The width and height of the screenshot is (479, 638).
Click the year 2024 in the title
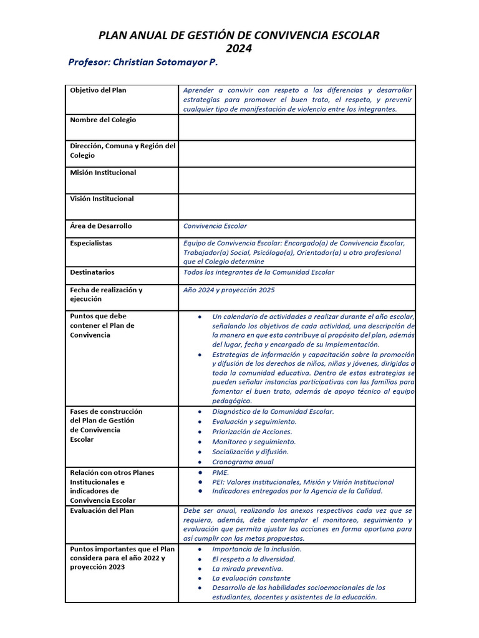click(239, 49)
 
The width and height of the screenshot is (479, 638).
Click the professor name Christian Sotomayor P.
click(143, 64)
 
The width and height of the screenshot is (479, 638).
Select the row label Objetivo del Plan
click(98, 90)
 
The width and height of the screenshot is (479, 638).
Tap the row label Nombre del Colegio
click(103, 120)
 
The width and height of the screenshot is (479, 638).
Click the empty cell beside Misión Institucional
click(296, 180)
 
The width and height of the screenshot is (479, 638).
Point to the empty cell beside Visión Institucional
click(296, 206)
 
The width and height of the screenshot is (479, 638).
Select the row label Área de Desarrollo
click(101, 226)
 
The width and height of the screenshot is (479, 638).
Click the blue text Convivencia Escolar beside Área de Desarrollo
click(215, 226)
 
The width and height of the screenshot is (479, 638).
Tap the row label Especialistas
click(91, 244)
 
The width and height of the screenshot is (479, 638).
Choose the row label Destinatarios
click(92, 272)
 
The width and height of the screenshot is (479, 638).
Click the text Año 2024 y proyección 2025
click(229, 290)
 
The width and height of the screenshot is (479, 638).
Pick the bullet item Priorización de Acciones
click(252, 432)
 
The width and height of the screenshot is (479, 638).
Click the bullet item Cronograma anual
click(243, 462)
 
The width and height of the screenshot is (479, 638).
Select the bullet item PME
click(221, 473)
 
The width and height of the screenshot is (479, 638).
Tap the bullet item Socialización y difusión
click(250, 452)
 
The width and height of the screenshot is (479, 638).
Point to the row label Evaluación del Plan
click(102, 511)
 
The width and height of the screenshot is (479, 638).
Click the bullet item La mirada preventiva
click(248, 568)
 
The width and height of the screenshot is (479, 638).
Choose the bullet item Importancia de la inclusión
click(257, 549)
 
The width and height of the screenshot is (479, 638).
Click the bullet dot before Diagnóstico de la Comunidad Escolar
click(199, 412)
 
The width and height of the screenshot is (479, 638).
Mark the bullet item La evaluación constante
click(251, 578)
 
